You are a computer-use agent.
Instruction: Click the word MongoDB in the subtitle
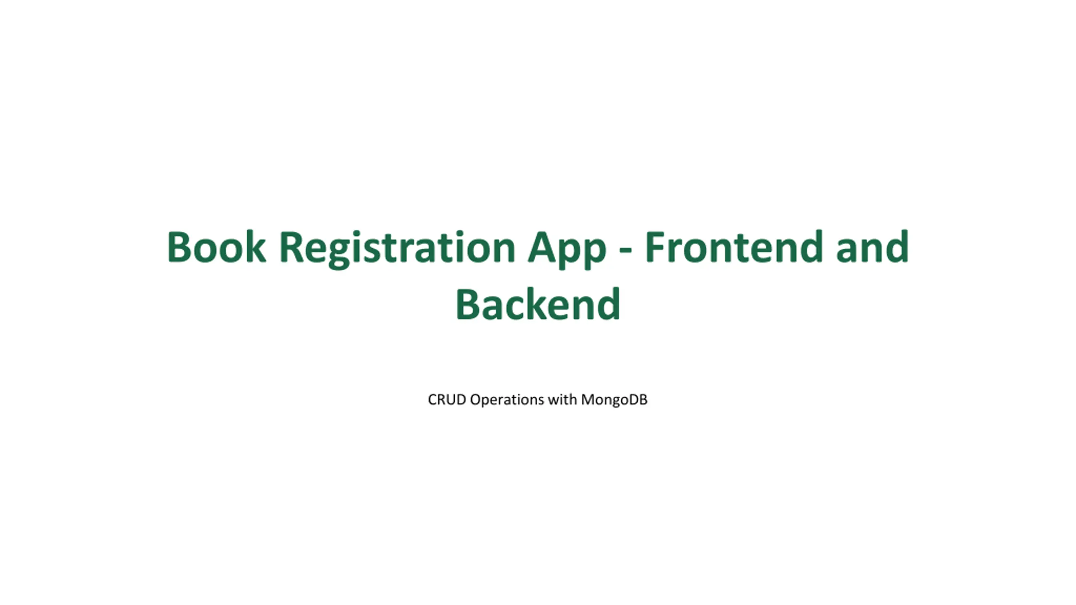click(x=614, y=400)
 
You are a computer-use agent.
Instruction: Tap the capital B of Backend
click(x=469, y=304)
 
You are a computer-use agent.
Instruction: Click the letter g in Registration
click(x=338, y=254)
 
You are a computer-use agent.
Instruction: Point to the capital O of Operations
click(x=477, y=399)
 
